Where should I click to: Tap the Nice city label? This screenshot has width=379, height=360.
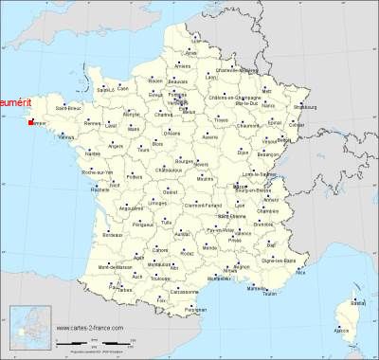coord(302,272)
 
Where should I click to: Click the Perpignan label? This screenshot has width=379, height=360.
coord(195,310)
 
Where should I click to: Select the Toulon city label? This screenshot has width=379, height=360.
coord(271,295)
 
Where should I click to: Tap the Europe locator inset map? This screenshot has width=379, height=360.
coord(27,329)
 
